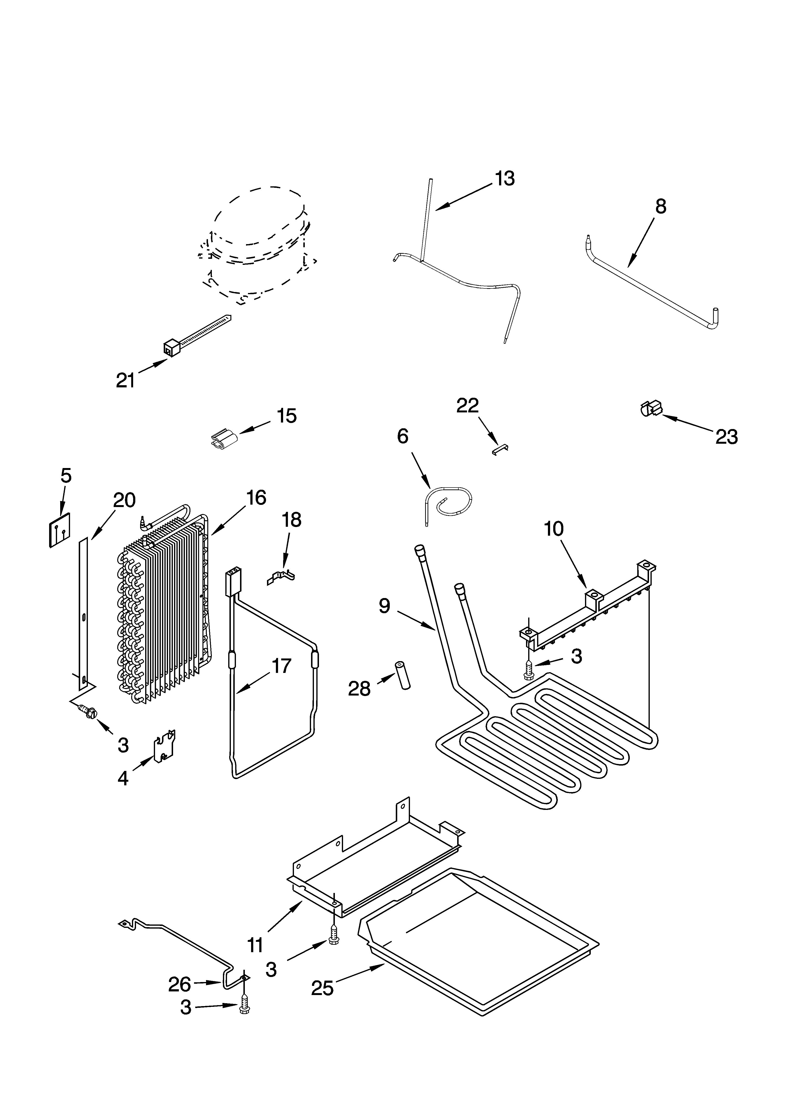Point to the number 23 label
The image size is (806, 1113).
727,436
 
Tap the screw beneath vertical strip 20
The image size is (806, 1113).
88,709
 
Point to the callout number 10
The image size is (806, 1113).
553,529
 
